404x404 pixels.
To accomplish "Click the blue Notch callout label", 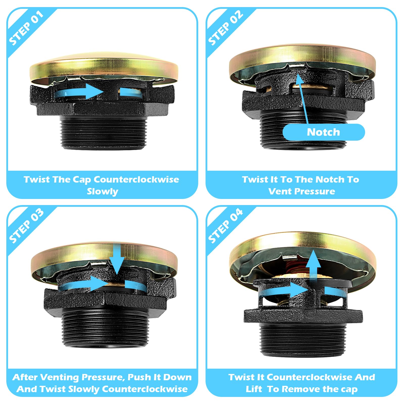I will tap(323, 132).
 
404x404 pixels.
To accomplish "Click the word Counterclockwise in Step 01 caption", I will tap(136, 180).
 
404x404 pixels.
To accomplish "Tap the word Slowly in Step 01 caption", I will tap(102, 191).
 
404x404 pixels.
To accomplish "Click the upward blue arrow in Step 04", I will tap(313, 265).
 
